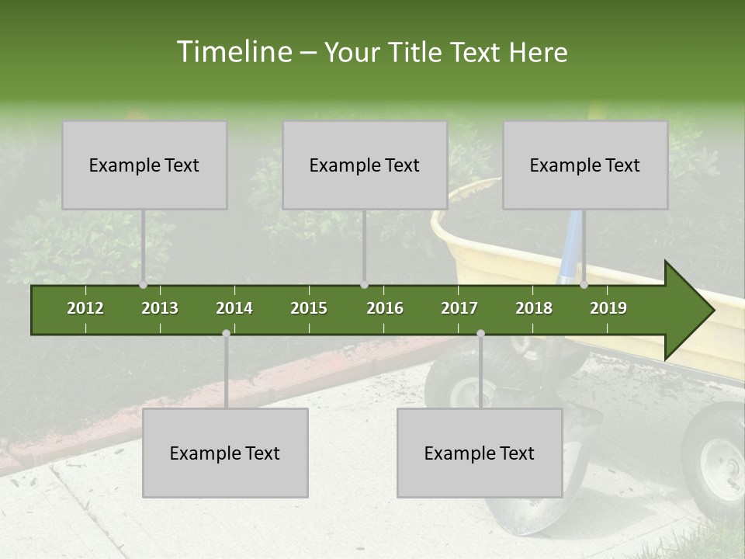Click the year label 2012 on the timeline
85,308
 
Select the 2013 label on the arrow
160,308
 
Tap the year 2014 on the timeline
234,308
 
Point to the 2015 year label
309,308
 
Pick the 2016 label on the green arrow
385,308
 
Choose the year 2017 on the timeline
459,308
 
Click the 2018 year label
534,308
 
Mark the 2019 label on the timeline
608,308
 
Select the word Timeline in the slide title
233,52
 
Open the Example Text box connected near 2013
144,165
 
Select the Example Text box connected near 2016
365,165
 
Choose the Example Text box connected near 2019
585,165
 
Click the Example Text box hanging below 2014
225,453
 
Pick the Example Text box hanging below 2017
480,453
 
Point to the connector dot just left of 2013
143,285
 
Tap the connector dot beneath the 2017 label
480,333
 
